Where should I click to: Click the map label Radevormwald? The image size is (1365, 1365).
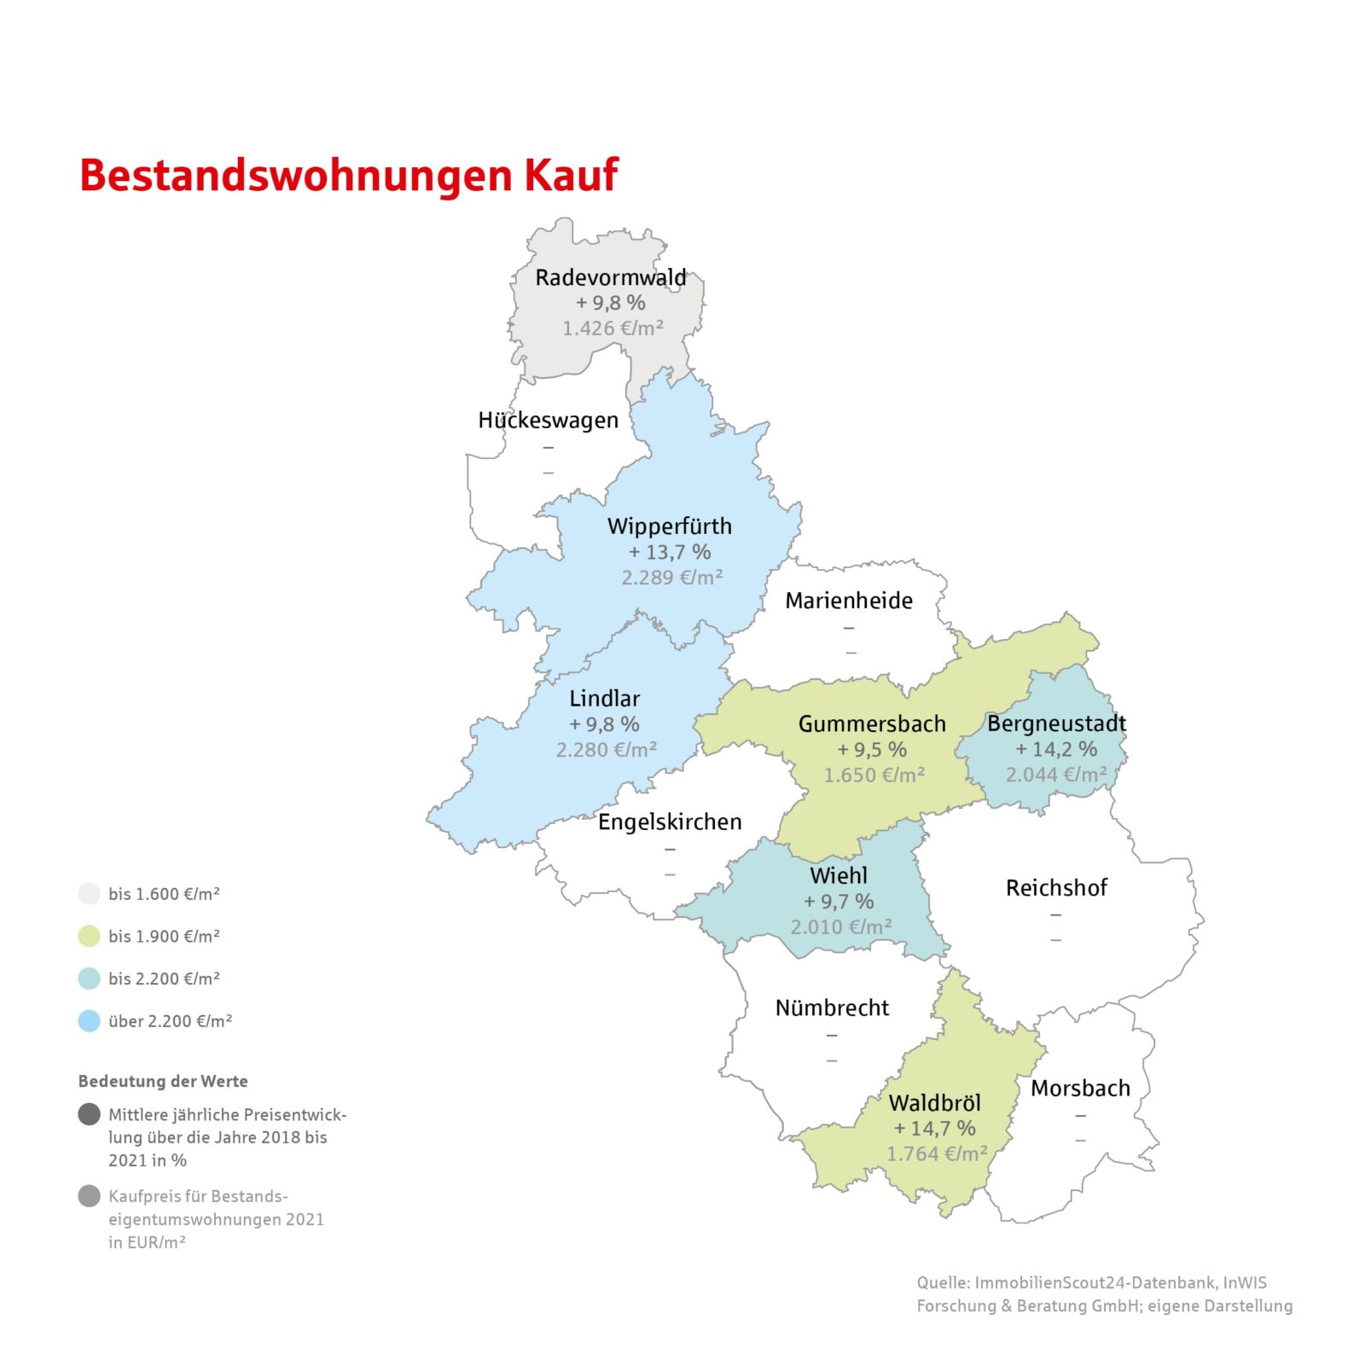click(610, 277)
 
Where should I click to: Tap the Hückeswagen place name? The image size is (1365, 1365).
click(548, 420)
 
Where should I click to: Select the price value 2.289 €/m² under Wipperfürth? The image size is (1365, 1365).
click(671, 578)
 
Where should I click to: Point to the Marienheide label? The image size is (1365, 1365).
click(849, 601)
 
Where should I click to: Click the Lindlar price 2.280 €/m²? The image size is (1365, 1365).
click(606, 750)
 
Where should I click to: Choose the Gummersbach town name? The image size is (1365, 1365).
click(872, 723)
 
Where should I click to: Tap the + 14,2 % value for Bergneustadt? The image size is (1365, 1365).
click(1056, 749)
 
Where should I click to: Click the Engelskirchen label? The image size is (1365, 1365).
click(670, 822)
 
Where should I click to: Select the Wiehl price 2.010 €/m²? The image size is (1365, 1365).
click(840, 926)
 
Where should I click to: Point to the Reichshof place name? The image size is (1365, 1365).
click(1056, 887)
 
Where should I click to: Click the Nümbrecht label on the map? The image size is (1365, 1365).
click(832, 1008)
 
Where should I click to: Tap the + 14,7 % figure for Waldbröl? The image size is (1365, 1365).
click(934, 1128)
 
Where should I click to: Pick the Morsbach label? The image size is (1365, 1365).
click(1080, 1088)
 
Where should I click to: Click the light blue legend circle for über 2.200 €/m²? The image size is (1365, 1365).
click(90, 1020)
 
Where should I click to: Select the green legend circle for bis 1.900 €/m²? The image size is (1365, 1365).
click(90, 936)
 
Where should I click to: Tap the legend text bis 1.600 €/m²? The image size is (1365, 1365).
click(164, 894)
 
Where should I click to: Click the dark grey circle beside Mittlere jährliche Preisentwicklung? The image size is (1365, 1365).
click(90, 1114)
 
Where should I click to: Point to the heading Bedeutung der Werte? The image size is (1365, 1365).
click(163, 1081)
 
